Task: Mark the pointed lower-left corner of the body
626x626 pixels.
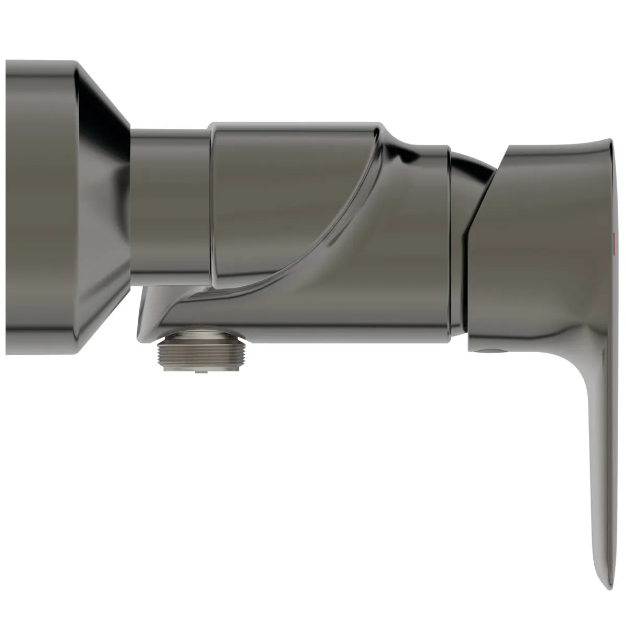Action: click(x=140, y=334)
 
